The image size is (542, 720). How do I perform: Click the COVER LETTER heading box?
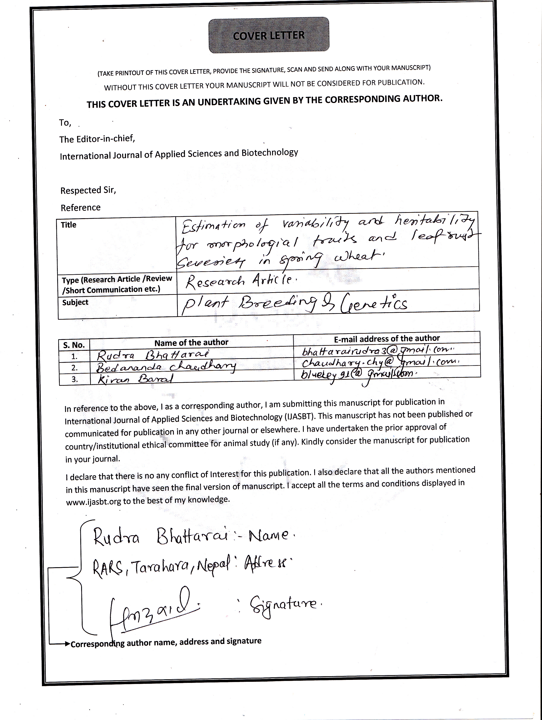point(268,35)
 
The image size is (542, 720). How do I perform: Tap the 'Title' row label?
point(68,225)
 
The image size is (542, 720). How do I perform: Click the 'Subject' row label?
point(75,302)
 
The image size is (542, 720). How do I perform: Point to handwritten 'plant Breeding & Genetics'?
point(295,304)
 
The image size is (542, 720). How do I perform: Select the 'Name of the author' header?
point(191,343)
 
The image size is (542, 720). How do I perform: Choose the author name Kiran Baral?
point(135,379)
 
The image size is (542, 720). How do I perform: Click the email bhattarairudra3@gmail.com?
point(377,351)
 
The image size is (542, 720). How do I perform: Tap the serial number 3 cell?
point(74,379)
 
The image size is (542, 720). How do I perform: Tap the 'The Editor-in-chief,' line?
point(97,139)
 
